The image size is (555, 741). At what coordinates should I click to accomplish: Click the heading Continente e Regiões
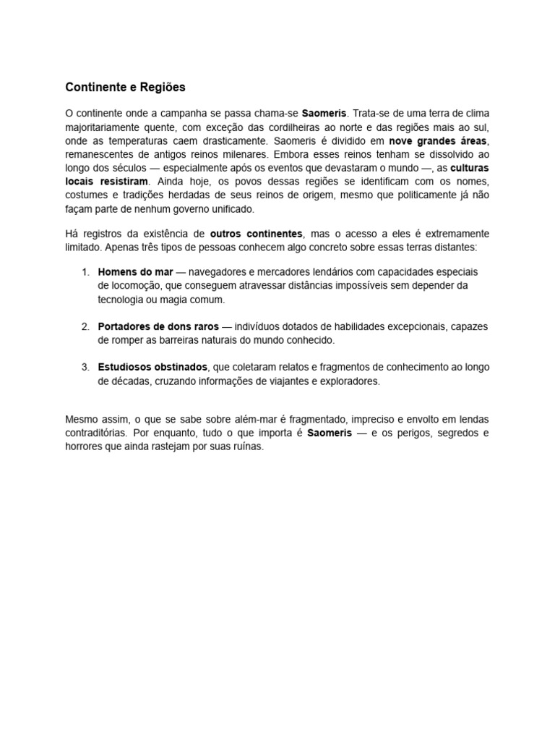pyautogui.click(x=125, y=88)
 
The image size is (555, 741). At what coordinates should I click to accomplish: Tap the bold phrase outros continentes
pyautogui.click(x=257, y=234)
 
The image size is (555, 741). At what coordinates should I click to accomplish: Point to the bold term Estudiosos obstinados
pyautogui.click(x=152, y=368)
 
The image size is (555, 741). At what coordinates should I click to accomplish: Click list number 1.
pyautogui.click(x=85, y=272)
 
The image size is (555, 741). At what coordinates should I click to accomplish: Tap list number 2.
pyautogui.click(x=85, y=326)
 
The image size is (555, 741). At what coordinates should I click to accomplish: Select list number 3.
pyautogui.click(x=85, y=368)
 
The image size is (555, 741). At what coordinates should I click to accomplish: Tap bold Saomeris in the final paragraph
pyautogui.click(x=330, y=433)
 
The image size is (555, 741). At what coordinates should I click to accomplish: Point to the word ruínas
pyautogui.click(x=247, y=446)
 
